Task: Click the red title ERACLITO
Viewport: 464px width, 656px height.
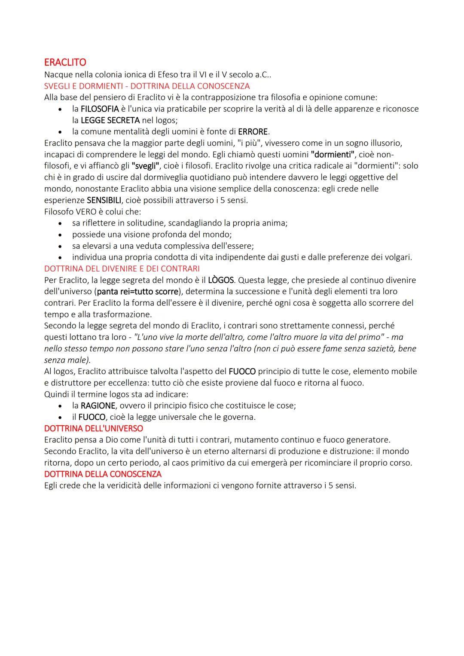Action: click(x=65, y=62)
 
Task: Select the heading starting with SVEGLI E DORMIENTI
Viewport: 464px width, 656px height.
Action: click(x=147, y=86)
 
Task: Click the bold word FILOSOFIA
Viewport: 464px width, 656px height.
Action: click(x=99, y=109)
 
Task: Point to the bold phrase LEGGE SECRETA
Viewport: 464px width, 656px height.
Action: click(x=110, y=120)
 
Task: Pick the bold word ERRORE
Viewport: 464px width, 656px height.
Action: click(x=253, y=131)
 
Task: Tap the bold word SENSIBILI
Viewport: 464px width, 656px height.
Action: click(x=104, y=200)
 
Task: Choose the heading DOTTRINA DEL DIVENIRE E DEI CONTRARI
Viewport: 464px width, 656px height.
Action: click(x=122, y=269)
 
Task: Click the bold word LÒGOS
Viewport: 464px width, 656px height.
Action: click(x=221, y=280)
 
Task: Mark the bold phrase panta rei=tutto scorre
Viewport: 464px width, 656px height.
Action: click(x=137, y=291)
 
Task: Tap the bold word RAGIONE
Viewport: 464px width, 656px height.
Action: click(x=98, y=406)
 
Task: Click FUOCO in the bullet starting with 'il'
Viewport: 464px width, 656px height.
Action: click(x=92, y=417)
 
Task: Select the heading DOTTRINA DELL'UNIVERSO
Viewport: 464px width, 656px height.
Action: click(x=93, y=428)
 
